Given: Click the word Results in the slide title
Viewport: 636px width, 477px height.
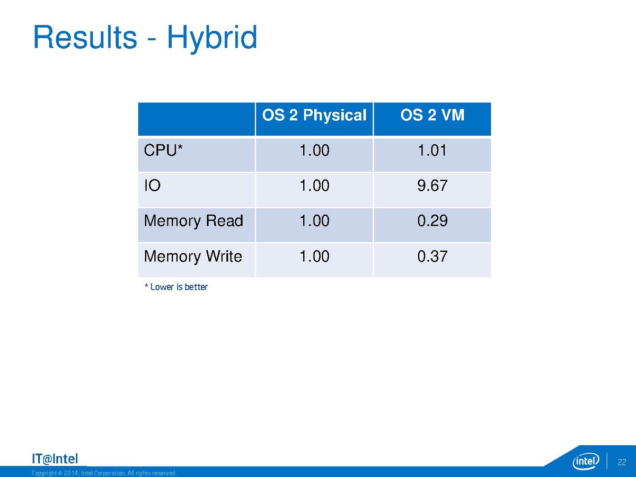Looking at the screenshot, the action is click(x=85, y=37).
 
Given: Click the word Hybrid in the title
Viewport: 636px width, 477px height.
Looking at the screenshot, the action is click(x=212, y=39).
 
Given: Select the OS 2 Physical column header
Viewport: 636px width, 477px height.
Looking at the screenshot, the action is click(x=314, y=116).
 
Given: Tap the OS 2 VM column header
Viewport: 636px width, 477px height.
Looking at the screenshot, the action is click(x=432, y=115).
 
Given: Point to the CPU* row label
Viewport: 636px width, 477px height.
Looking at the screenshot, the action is click(x=163, y=151).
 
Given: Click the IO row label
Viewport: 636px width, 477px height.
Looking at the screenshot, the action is click(x=152, y=185).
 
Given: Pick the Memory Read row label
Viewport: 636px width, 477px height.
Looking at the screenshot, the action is click(x=193, y=221).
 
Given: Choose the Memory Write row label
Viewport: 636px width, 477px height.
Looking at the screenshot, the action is click(x=193, y=257).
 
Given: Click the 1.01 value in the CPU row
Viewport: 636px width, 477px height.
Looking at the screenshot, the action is click(x=432, y=151).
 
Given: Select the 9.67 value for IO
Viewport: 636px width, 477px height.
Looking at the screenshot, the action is click(x=432, y=185).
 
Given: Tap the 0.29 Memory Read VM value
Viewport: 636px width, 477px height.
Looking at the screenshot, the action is click(x=432, y=221).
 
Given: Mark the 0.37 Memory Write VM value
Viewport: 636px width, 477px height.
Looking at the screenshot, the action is click(x=432, y=257).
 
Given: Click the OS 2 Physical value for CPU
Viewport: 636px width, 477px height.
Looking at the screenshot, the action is click(x=314, y=151).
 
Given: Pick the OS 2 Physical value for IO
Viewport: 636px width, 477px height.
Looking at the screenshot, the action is click(x=314, y=185).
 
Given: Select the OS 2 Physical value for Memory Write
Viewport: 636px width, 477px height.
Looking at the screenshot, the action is click(x=314, y=257).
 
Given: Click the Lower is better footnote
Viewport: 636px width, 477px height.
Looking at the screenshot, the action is click(x=176, y=287).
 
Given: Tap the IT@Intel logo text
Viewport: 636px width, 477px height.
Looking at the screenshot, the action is click(x=55, y=459).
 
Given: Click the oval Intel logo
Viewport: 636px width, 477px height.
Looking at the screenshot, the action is click(x=586, y=461).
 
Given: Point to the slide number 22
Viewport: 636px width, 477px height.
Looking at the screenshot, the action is click(x=622, y=462).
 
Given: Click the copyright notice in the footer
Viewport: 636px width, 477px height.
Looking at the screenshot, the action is click(x=104, y=473).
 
